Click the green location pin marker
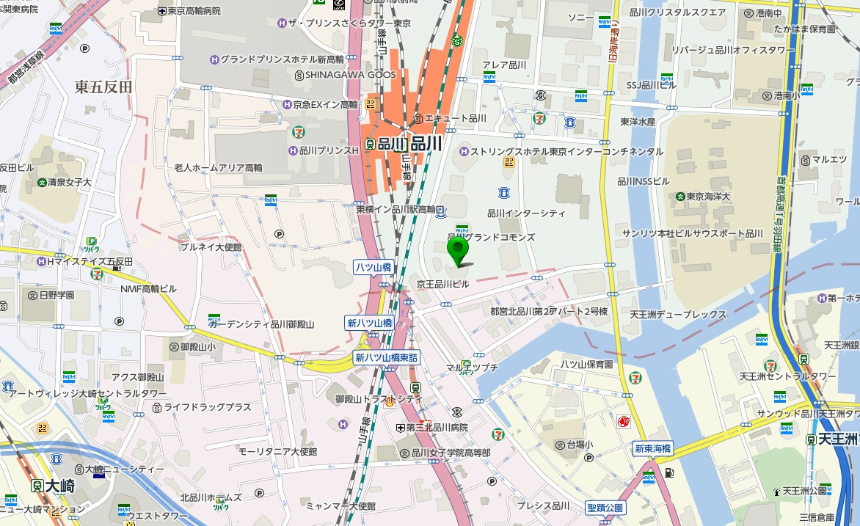(459, 252)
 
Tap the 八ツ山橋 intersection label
(373, 267)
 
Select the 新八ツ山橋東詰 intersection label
(386, 358)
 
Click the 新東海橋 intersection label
(653, 449)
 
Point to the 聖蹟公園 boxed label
(605, 508)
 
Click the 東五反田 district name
(103, 87)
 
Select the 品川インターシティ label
(526, 213)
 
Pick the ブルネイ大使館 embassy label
(211, 247)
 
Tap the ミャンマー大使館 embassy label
(340, 506)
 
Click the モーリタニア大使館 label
(277, 451)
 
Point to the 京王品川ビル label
(442, 284)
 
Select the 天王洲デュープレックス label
(678, 315)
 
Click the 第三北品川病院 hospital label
(436, 427)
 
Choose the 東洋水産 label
(638, 122)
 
